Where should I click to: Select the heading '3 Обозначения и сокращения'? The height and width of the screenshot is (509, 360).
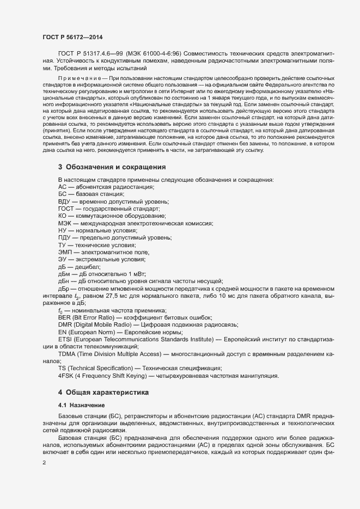click(112, 166)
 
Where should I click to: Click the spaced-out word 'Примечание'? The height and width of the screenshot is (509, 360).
click(81, 79)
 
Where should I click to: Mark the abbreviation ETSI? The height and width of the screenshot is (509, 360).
click(65, 339)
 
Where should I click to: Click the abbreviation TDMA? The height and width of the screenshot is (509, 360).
click(68, 353)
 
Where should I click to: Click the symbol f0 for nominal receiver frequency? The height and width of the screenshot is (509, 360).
click(61, 310)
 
